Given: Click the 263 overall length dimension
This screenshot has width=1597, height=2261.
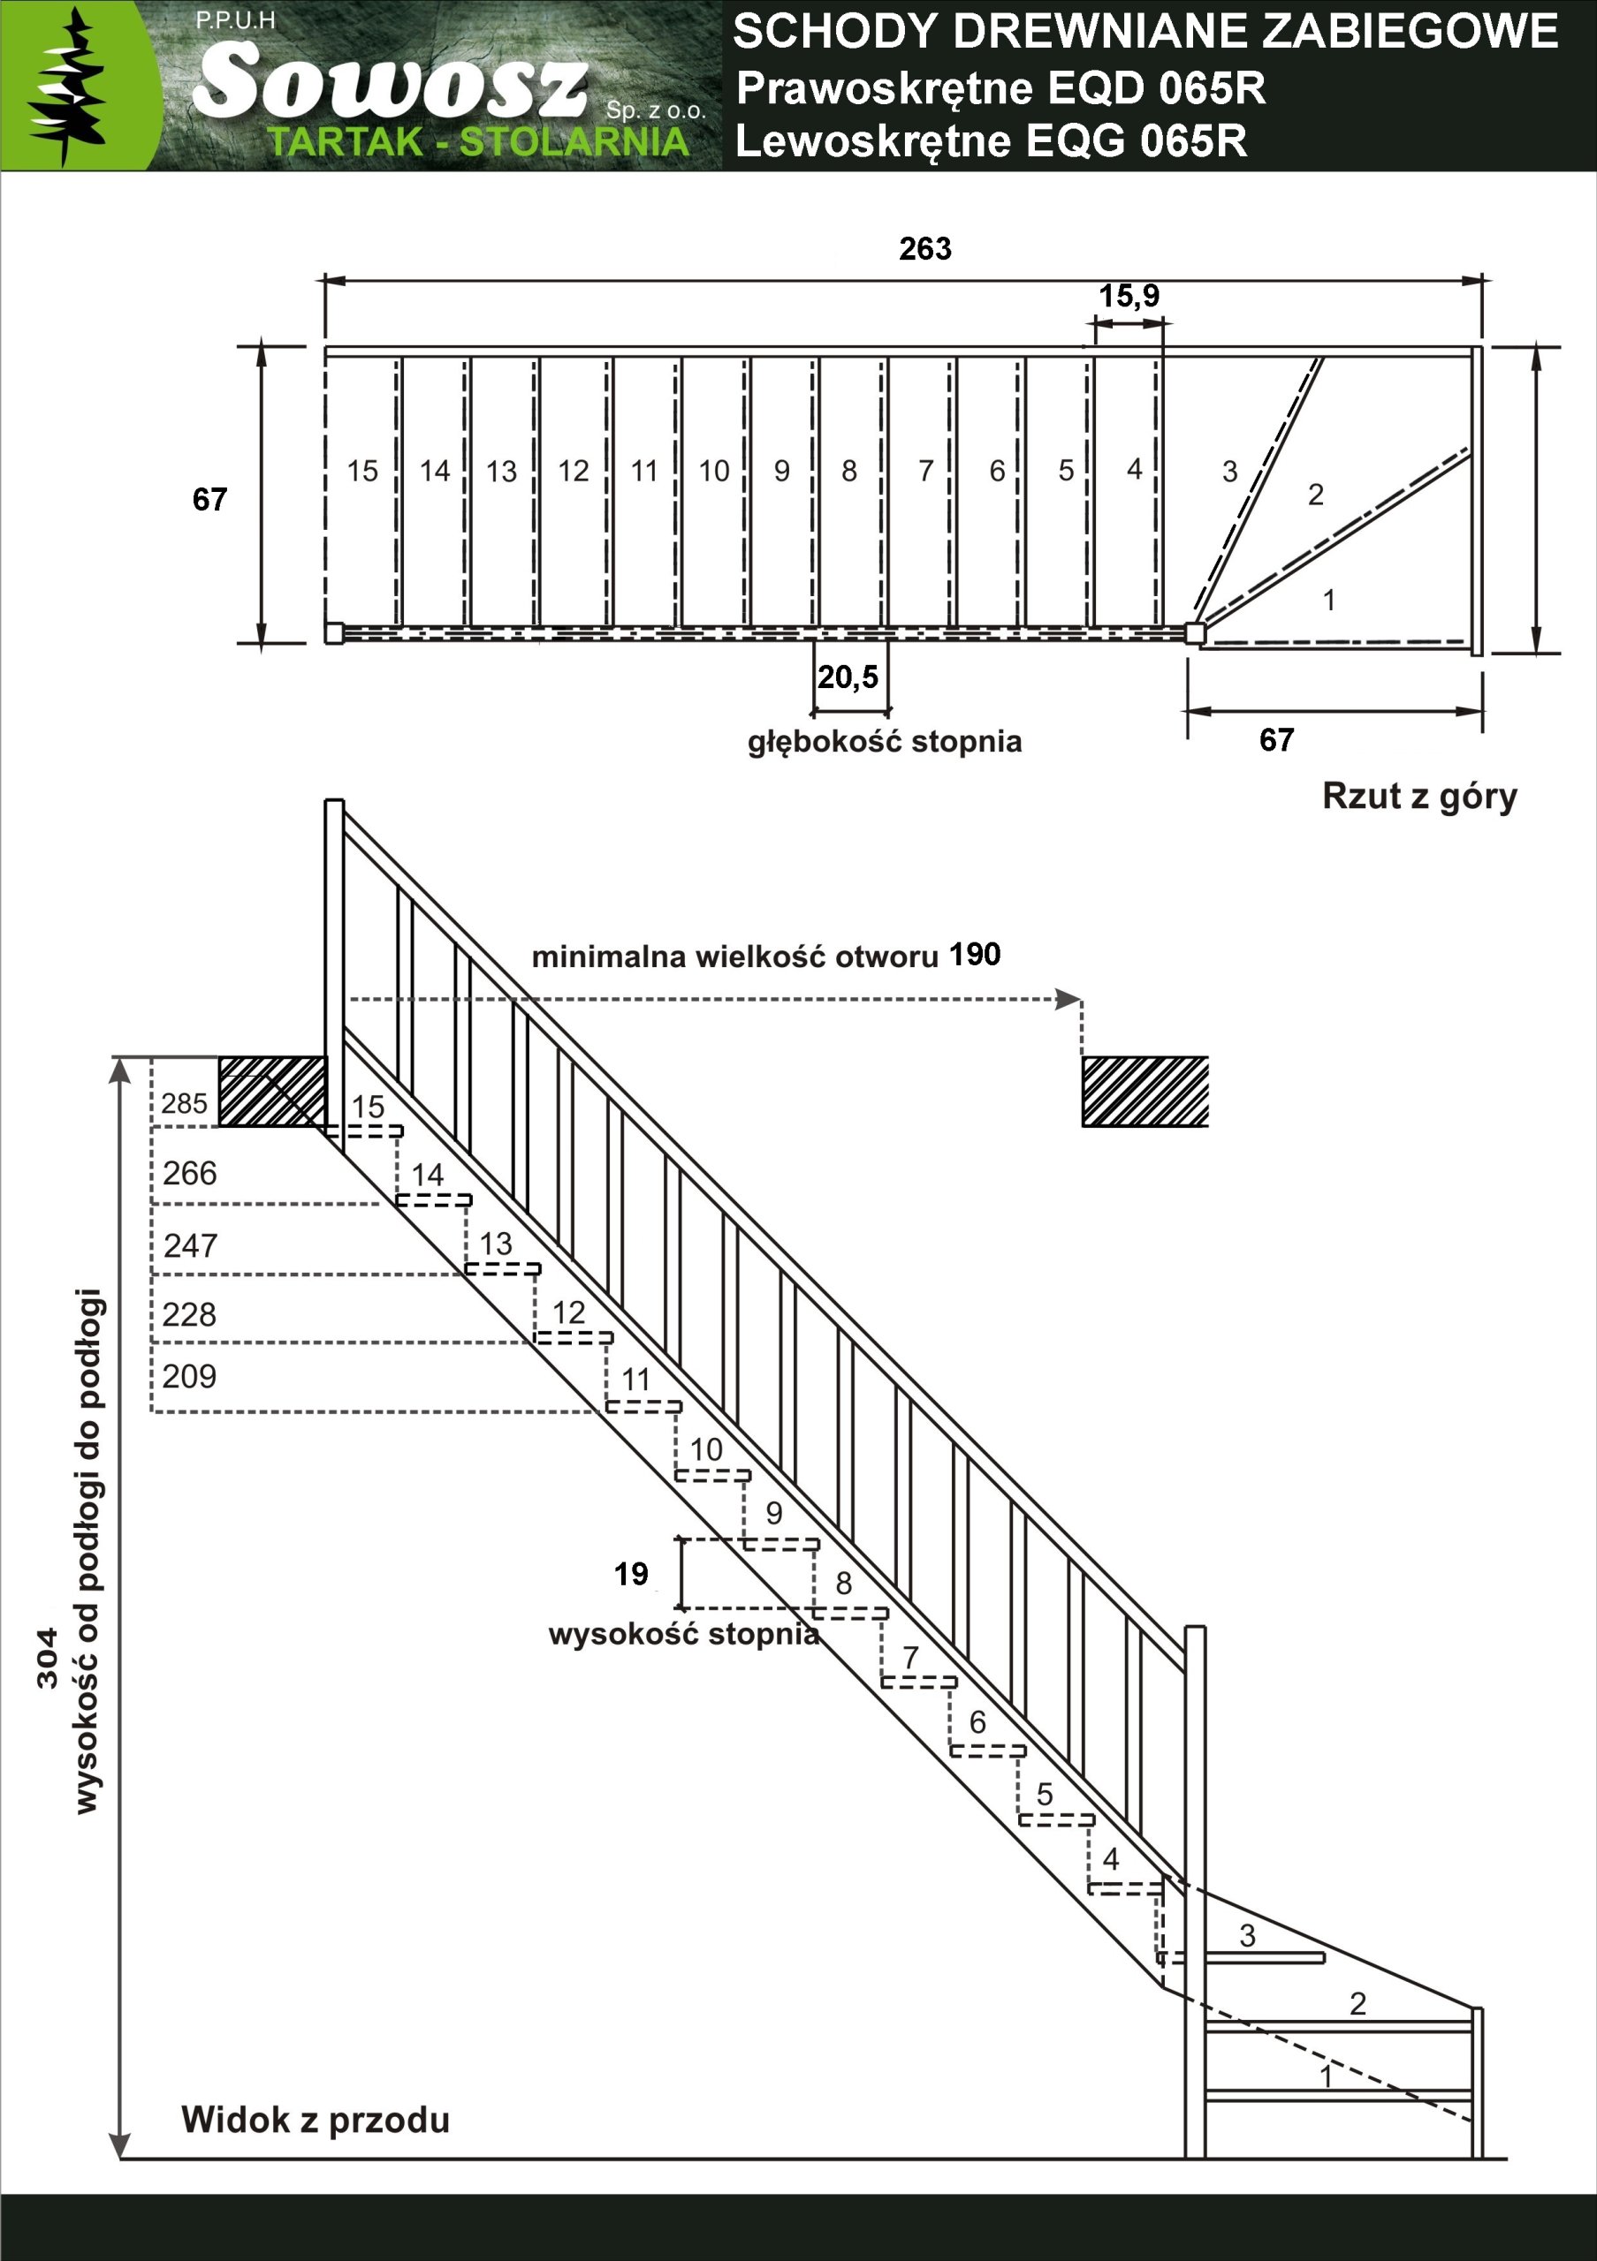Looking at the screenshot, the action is pyautogui.click(x=925, y=248).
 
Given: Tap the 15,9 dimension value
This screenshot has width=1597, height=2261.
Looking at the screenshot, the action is pyautogui.click(x=1129, y=295).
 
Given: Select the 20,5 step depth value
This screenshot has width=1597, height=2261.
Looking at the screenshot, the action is pyautogui.click(x=848, y=677).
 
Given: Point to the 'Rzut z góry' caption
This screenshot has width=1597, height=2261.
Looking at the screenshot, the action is pyautogui.click(x=1418, y=796).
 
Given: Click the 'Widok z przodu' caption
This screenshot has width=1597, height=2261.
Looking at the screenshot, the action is pyautogui.click(x=316, y=2119).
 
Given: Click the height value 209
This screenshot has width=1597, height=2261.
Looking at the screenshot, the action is pyautogui.click(x=189, y=1376).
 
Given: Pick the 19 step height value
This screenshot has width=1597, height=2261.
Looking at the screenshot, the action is pyautogui.click(x=632, y=1574).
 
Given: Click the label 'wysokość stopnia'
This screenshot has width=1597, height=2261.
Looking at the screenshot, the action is pyautogui.click(x=684, y=1634).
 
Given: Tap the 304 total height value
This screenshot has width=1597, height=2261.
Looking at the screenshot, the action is pyautogui.click(x=48, y=1660).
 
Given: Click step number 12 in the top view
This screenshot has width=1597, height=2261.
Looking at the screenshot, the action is pyautogui.click(x=574, y=471).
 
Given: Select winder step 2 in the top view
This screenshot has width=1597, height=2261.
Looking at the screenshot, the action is pyautogui.click(x=1315, y=495).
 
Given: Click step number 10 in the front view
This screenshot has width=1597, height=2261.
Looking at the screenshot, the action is pyautogui.click(x=706, y=1448).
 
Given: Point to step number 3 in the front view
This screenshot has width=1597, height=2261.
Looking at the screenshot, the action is pyautogui.click(x=1247, y=1935).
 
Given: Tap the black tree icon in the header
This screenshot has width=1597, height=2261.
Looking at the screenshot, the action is pyautogui.click(x=66, y=87).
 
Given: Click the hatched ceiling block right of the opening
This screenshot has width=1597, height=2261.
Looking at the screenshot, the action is pyautogui.click(x=1145, y=1091).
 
